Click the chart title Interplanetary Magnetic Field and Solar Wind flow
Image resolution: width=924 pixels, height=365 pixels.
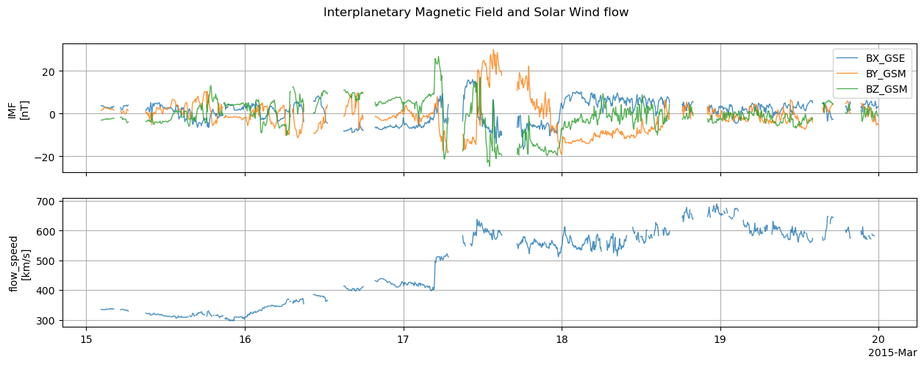click(x=476, y=13)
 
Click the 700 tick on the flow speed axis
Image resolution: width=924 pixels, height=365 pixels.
click(x=49, y=202)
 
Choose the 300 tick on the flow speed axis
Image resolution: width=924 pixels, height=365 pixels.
click(x=49, y=321)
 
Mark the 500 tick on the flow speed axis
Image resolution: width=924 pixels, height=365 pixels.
click(x=49, y=261)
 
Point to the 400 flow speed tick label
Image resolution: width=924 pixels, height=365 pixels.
click(x=49, y=291)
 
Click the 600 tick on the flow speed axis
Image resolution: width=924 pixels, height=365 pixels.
click(x=49, y=231)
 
